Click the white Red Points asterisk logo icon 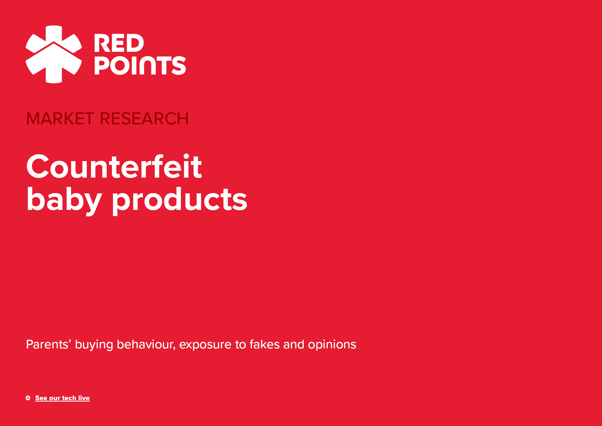54,54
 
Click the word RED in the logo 119,43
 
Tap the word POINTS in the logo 140,65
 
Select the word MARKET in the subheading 60,119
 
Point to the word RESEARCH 144,119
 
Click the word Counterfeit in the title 114,167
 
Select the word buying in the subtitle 94,345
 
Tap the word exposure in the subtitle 205,345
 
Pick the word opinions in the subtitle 332,345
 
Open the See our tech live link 62,398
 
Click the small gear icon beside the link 28,398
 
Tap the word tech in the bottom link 69,398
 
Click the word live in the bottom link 84,398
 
